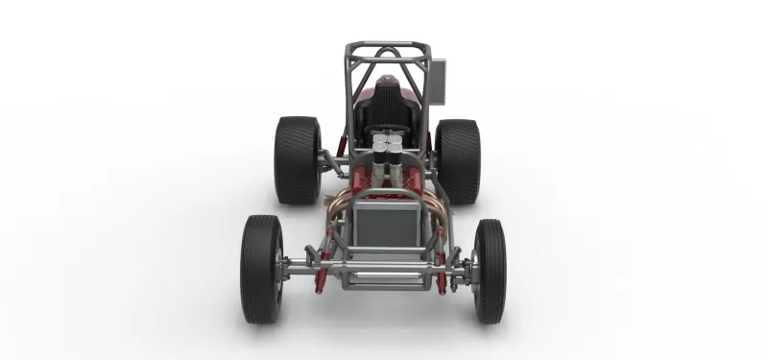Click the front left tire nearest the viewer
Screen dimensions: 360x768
click(261, 269)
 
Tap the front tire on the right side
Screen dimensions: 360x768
click(490, 271)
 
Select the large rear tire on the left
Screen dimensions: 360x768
click(297, 160)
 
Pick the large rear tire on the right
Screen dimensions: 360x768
click(458, 161)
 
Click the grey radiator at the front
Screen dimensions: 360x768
click(387, 224)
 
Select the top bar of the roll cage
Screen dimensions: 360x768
click(387, 44)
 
